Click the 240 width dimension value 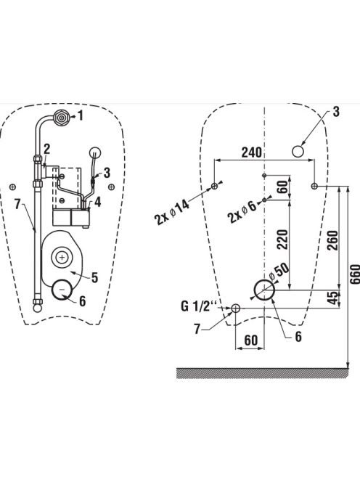pyautogui.click(x=251, y=152)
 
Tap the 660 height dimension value pyautogui.click(x=355, y=274)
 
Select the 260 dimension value pyautogui.click(x=332, y=240)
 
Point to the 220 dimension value pyautogui.click(x=282, y=240)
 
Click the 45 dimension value pyautogui.click(x=332, y=298)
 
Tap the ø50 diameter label pyautogui.click(x=279, y=271)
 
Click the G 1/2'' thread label pyautogui.click(x=199, y=306)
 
